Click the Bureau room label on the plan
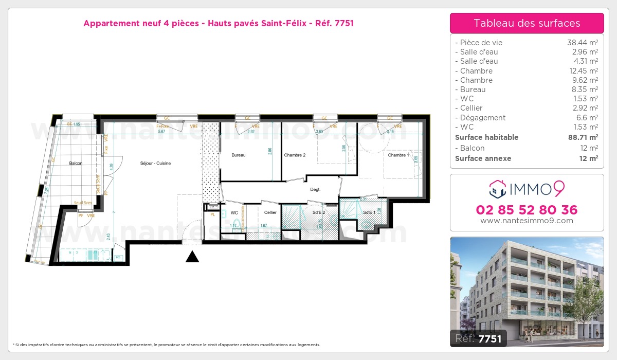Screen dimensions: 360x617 (x=239, y=155)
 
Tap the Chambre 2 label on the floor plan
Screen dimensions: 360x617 (x=295, y=155)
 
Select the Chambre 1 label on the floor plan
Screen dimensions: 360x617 (x=398, y=155)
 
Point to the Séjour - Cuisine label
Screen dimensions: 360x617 (x=155, y=163)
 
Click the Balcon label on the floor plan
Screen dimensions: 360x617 (x=76, y=163)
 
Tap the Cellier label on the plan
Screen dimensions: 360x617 (x=270, y=212)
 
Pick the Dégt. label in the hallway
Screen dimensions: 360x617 (x=315, y=189)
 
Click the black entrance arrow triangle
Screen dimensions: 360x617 (x=192, y=257)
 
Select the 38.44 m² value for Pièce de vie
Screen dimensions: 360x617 (x=582, y=43)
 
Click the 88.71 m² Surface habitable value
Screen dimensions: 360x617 (x=582, y=137)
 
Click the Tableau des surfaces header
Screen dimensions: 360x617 (x=527, y=23)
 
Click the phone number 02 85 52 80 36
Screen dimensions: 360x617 (x=527, y=210)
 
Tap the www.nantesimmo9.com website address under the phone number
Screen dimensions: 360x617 (x=527, y=221)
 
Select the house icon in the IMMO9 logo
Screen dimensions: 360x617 (x=497, y=189)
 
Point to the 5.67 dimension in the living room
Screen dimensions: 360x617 (x=162, y=132)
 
